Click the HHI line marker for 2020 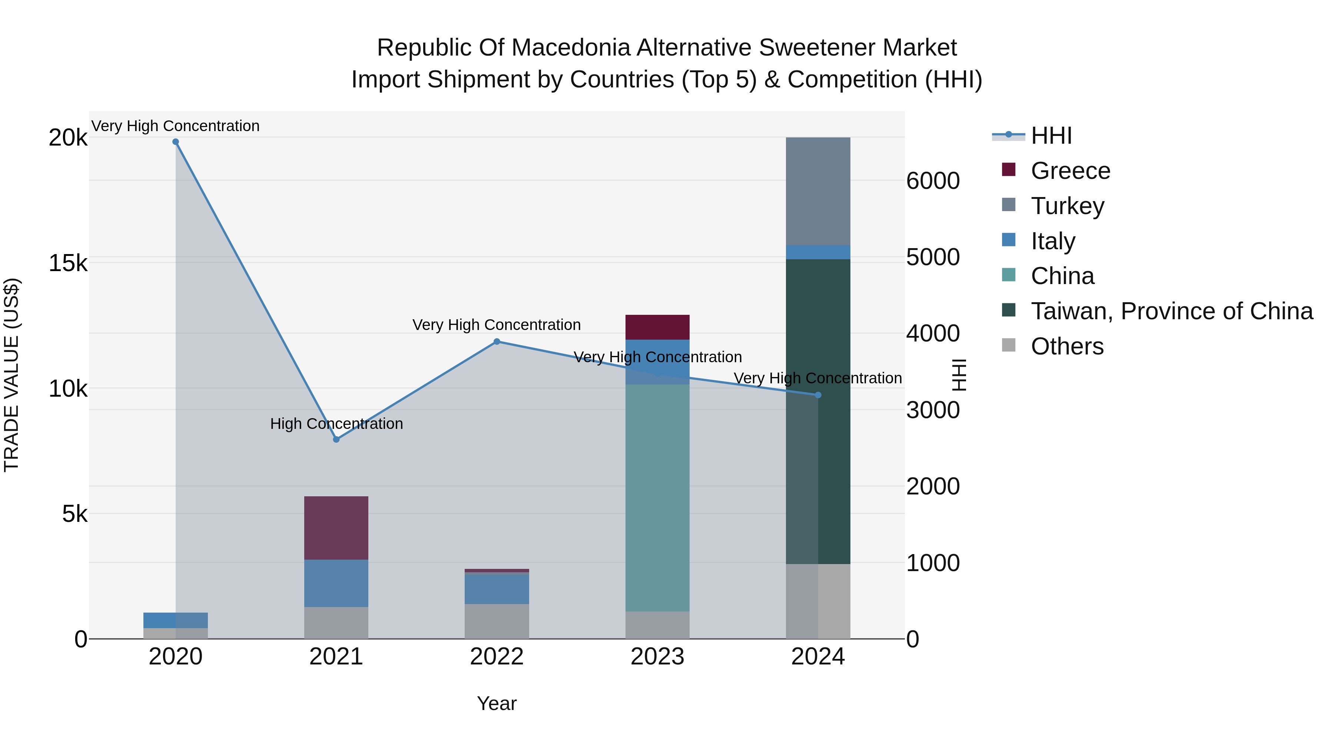tap(176, 142)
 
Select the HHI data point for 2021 tap(336, 439)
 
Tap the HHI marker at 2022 tap(497, 341)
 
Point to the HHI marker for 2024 tap(818, 395)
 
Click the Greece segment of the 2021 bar tap(336, 528)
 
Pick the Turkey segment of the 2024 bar tap(818, 191)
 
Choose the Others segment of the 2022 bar tap(497, 621)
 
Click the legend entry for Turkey tap(1067, 206)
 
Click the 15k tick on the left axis tap(68, 263)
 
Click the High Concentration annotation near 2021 tap(336, 424)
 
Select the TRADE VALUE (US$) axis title tap(11, 375)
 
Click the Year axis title tap(497, 703)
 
